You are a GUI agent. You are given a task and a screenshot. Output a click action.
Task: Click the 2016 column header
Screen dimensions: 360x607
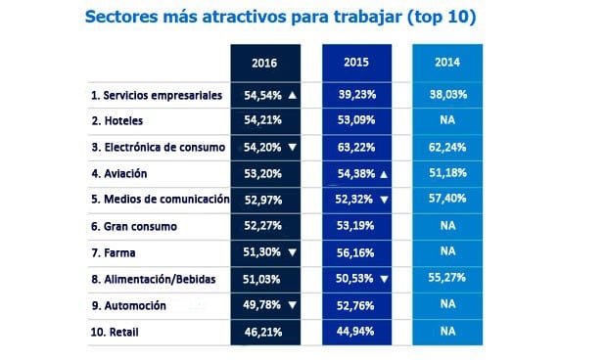coord(264,63)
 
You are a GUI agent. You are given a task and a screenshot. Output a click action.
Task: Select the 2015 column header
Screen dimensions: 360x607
coord(356,63)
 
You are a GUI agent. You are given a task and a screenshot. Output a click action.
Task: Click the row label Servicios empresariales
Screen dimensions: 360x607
coord(157,96)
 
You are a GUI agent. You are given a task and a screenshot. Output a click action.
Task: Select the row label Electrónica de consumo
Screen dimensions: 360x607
coord(158,148)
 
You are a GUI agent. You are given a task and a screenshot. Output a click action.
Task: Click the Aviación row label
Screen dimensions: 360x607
coord(126,174)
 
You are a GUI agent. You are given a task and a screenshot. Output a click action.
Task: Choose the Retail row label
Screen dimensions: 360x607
coord(119,332)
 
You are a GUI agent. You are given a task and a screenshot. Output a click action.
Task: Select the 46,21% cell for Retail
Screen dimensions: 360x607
coord(264,332)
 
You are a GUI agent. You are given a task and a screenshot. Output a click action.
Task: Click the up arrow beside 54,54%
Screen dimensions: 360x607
coord(293,96)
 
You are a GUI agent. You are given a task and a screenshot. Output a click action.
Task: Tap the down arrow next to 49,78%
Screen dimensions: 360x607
coord(293,305)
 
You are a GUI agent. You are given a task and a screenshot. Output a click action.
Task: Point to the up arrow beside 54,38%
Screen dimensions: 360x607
coord(384,174)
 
